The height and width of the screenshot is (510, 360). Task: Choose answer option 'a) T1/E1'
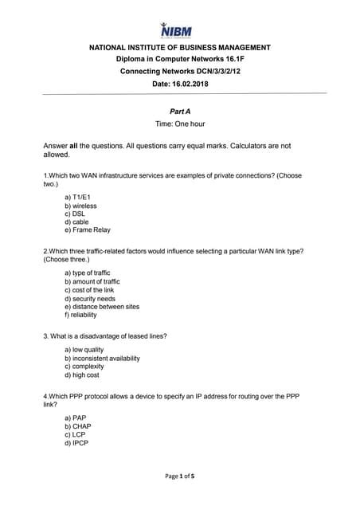tap(78, 197)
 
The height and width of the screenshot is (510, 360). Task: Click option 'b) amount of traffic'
tap(92, 281)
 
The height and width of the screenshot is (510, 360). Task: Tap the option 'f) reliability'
tap(82, 316)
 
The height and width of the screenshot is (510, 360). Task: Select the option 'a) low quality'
tap(84, 350)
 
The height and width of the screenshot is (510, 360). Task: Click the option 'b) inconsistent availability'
tap(102, 359)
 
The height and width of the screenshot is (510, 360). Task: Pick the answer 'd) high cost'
tap(82, 375)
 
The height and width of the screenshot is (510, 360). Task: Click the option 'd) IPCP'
tap(76, 444)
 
